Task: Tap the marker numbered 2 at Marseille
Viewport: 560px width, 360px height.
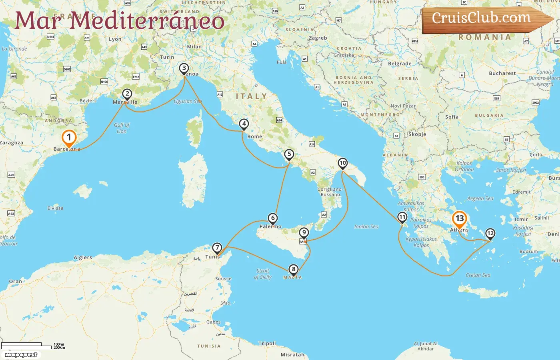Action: [127, 94]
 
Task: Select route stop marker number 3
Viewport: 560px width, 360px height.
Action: [184, 68]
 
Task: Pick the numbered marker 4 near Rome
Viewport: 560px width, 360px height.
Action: [244, 124]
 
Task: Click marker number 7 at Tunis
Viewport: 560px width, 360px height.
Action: [217, 248]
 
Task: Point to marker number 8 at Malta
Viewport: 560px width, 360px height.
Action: [294, 270]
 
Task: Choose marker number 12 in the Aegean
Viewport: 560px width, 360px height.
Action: [490, 234]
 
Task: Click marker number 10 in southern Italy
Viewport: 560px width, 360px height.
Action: [343, 163]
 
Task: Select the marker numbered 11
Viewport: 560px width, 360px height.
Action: [402, 218]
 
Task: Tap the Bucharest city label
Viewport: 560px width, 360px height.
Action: [502, 73]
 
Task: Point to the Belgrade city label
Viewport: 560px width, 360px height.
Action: [400, 64]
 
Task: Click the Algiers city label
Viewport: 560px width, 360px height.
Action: [83, 258]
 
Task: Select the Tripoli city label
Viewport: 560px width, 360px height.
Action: [267, 343]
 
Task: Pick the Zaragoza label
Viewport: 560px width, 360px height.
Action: [12, 143]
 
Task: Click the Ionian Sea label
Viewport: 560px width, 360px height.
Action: [366, 226]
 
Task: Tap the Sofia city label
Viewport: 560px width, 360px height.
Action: [452, 117]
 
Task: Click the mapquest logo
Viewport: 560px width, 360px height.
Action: [21, 355]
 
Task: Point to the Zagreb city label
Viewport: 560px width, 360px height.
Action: [318, 38]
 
